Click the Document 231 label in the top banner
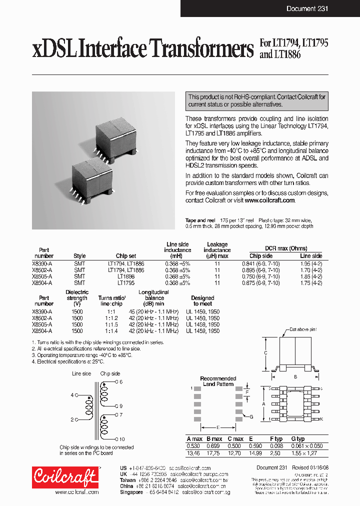tap(307, 9)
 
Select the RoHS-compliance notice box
tap(257, 100)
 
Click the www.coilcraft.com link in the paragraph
tap(270, 200)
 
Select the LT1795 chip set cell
tap(126, 283)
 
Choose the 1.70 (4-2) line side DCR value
tap(310, 270)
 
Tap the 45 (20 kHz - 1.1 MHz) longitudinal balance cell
tap(153, 311)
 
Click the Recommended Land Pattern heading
tap(218, 381)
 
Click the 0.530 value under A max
tap(193, 445)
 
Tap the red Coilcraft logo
tap(65, 478)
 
